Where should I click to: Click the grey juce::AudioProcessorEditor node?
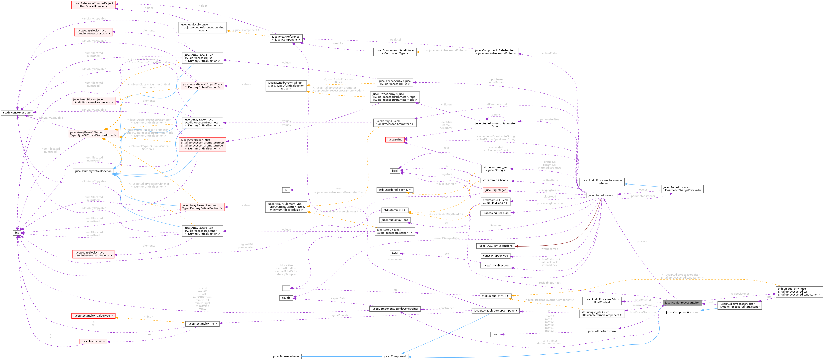coord(682,302)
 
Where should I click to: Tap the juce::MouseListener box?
coord(286,356)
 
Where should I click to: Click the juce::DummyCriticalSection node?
coord(93,171)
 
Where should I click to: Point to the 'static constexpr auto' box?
coord(17,112)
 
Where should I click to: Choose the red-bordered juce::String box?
coord(395,140)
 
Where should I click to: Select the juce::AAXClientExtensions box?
coord(495,246)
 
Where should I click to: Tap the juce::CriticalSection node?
coord(495,266)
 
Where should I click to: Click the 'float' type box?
coord(495,334)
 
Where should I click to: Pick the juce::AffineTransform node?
coord(602,331)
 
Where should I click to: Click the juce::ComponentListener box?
coord(682,313)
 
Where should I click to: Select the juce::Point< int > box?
coord(93,341)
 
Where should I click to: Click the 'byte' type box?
coord(395,253)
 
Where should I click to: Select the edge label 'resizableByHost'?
coord(549,283)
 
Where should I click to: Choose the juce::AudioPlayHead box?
coord(395,220)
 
